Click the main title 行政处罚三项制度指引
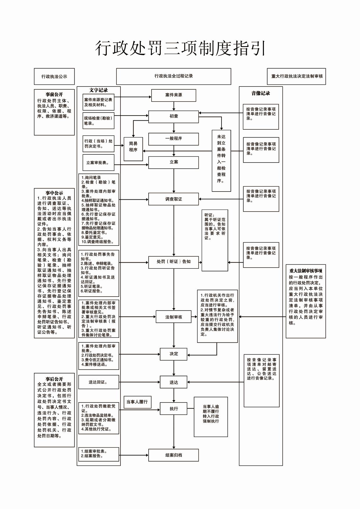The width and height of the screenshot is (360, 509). (x=180, y=48)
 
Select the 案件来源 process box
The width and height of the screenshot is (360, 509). (x=174, y=95)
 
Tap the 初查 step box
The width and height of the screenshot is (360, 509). (x=174, y=116)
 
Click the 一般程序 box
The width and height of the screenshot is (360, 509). (x=174, y=139)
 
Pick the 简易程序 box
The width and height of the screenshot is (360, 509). (x=133, y=149)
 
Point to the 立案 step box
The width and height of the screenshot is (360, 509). (x=174, y=163)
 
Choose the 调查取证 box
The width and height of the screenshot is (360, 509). (x=174, y=199)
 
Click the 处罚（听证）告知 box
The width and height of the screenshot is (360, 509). (x=174, y=262)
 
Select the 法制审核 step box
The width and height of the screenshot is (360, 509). (x=174, y=317)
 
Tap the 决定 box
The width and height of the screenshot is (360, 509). (x=174, y=354)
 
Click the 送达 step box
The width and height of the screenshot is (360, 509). (x=174, y=382)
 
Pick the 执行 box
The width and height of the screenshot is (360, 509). (x=174, y=409)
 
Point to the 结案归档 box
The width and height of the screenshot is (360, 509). (x=174, y=455)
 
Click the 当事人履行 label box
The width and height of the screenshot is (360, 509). (x=137, y=402)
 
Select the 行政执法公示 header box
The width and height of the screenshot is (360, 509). (x=54, y=77)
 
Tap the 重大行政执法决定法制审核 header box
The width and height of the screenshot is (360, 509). (x=296, y=77)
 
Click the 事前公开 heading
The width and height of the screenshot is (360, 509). (x=54, y=95)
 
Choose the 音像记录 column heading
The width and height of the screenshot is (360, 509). (x=260, y=93)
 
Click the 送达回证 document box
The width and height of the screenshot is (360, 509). (x=99, y=382)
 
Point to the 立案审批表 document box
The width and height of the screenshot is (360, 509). (x=98, y=163)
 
